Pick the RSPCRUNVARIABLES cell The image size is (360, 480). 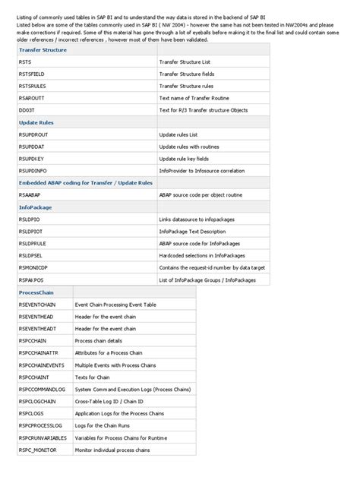(x=44, y=438)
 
